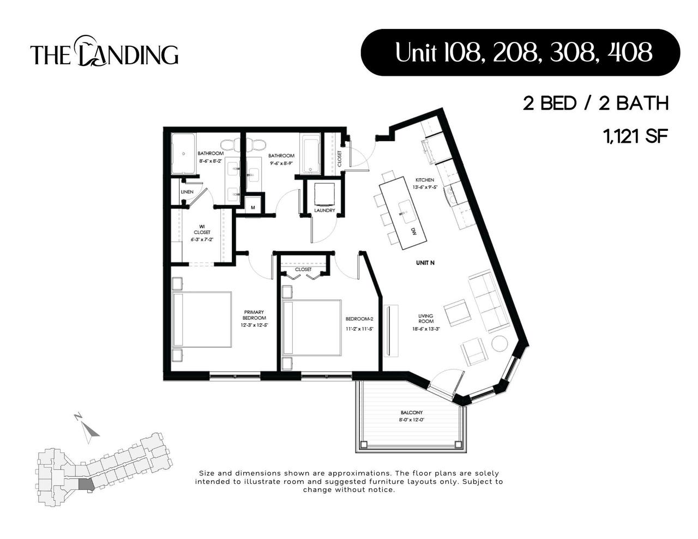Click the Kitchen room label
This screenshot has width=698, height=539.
pos(425,180)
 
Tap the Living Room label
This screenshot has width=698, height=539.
pos(426,319)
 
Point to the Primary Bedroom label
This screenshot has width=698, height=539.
pos(254,315)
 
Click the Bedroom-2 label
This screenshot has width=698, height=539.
pos(359,319)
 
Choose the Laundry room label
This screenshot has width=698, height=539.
pos(324,210)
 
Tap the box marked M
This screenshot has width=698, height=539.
pos(252,207)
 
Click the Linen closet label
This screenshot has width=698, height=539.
pos(187,192)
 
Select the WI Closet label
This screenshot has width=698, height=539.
pos(201,229)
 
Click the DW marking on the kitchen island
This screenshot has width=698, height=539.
pos(413,231)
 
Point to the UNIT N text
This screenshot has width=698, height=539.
pos(425,263)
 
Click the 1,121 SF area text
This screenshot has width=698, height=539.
pos(635,136)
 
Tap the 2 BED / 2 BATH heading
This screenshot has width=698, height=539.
pos(595,103)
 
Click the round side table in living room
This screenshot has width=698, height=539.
pos(500,344)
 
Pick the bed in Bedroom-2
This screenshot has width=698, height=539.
pos(311,327)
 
